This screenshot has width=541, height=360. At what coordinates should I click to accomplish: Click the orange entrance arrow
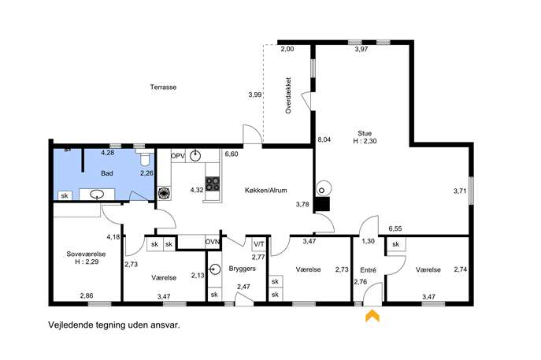click(x=372, y=315)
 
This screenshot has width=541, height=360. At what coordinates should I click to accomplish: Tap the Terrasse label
click(x=163, y=87)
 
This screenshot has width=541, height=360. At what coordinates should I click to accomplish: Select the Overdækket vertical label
click(x=288, y=95)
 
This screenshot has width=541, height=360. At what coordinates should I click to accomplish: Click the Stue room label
click(x=365, y=133)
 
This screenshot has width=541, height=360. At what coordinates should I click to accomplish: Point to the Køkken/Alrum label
click(x=265, y=190)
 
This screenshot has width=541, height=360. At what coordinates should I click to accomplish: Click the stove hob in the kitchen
click(x=212, y=184)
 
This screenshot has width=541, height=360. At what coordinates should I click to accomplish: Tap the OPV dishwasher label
click(x=178, y=156)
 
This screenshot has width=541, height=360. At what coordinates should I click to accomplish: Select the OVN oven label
click(x=212, y=242)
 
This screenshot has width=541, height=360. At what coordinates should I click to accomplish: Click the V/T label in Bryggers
click(x=259, y=244)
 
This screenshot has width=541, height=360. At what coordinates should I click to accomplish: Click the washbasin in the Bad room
click(x=97, y=195)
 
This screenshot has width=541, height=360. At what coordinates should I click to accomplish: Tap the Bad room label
click(x=106, y=173)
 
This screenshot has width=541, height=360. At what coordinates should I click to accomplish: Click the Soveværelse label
click(x=86, y=254)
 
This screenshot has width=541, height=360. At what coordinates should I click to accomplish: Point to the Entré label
click(x=368, y=270)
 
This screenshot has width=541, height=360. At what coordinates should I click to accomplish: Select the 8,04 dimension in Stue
click(x=324, y=139)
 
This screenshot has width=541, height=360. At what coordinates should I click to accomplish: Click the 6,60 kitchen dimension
click(x=232, y=154)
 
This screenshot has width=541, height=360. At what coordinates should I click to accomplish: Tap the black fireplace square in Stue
click(x=324, y=204)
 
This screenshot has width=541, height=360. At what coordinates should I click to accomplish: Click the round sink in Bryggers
click(x=215, y=269)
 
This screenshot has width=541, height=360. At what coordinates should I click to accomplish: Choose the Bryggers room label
click(x=243, y=269)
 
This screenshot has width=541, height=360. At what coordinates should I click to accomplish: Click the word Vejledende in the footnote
click(x=70, y=325)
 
